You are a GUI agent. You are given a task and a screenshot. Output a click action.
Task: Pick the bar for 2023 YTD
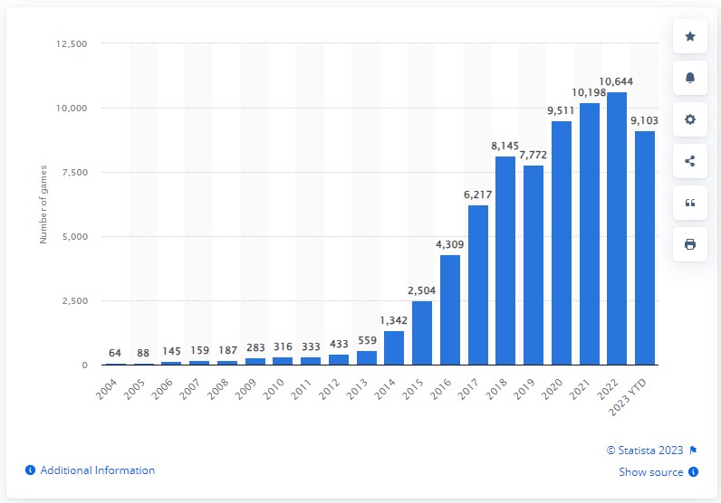645,248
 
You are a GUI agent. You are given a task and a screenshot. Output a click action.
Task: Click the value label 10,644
617,84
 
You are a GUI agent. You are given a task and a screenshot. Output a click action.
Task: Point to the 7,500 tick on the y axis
71,173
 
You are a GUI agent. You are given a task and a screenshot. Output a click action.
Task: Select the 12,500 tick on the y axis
69,43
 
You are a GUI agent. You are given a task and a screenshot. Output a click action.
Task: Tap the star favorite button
690,36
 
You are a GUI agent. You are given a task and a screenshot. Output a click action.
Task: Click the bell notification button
690,78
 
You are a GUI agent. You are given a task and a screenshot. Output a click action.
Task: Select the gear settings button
690,119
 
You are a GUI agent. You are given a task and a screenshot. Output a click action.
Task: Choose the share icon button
690,161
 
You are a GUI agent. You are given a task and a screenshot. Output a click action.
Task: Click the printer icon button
690,244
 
